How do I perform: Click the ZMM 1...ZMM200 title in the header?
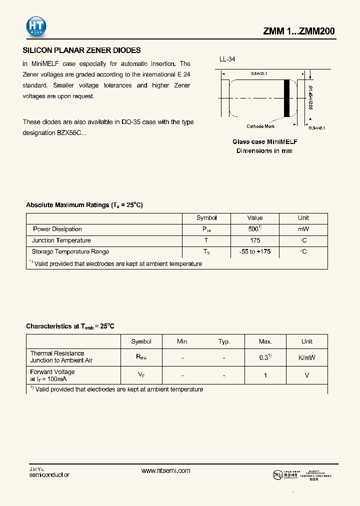[299, 31]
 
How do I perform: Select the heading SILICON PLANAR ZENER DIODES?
[82, 50]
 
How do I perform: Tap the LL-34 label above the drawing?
[227, 59]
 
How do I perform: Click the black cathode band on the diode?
[287, 97]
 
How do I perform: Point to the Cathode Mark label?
[260, 126]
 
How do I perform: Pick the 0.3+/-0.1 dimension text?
[317, 128]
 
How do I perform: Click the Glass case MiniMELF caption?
[264, 142]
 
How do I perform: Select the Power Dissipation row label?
[57, 229]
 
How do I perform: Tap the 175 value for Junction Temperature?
[254, 240]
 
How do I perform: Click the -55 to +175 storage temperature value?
[254, 251]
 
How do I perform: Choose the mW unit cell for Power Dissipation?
[303, 229]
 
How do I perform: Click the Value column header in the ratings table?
[254, 218]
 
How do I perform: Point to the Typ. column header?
[224, 341]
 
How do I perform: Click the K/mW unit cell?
[306, 358]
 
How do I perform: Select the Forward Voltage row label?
[52, 372]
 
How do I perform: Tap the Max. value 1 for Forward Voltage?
[265, 375]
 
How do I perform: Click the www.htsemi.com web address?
[166, 471]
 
